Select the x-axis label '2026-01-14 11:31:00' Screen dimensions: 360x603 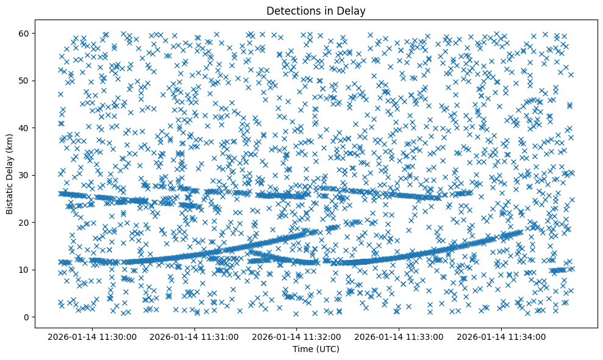196,336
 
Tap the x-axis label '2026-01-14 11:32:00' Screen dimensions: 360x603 298,336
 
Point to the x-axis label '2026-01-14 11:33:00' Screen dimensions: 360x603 400,336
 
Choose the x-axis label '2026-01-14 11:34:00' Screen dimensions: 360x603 502,336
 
